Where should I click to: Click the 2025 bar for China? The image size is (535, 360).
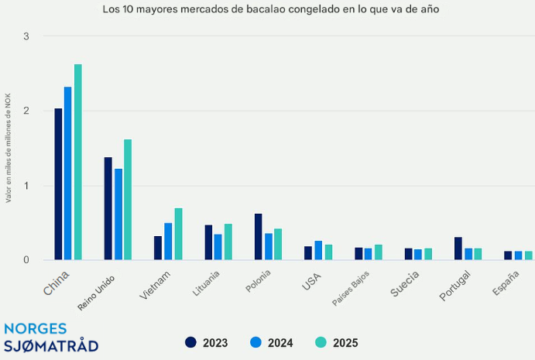coord(78,162)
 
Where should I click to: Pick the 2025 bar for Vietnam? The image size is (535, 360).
coord(178,234)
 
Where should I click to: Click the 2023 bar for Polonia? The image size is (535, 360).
coord(259,237)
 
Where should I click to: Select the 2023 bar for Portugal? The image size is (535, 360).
coord(458,249)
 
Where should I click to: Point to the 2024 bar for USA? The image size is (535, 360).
coord(318,250)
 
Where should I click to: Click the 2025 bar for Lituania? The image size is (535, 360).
coord(228,242)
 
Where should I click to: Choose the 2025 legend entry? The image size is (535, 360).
coord(338,342)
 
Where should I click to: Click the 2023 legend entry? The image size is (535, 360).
coord(207,342)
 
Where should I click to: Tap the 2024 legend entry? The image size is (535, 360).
coord(273,342)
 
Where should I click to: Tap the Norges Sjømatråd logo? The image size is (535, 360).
coord(51,337)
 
